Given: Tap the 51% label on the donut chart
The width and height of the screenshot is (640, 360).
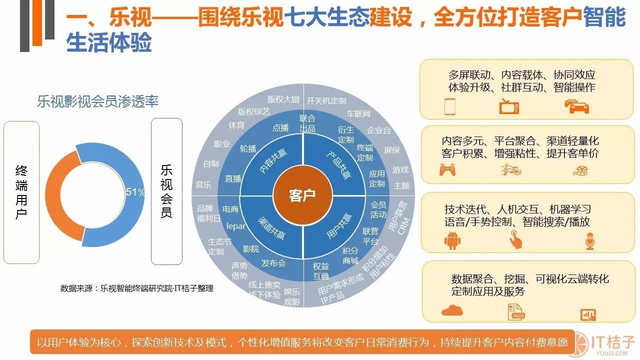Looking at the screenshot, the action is pyautogui.click(x=135, y=192).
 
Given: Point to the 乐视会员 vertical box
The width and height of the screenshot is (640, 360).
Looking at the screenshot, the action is pyautogui.click(x=166, y=191).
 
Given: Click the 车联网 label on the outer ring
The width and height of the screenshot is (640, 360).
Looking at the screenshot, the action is pyautogui.click(x=359, y=114).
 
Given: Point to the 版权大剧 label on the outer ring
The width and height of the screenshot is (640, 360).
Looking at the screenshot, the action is pyautogui.click(x=282, y=98).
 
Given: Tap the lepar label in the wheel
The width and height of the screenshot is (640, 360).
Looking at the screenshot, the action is pyautogui.click(x=236, y=226).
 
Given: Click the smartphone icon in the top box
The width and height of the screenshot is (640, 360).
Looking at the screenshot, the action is pyautogui.click(x=449, y=106).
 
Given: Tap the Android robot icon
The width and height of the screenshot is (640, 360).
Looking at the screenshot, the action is pyautogui.click(x=451, y=241).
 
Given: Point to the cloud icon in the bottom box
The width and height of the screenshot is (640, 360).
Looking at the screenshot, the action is pyautogui.click(x=452, y=310).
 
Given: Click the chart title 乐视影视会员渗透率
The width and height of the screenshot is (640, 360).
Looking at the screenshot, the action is pyautogui.click(x=97, y=101).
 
